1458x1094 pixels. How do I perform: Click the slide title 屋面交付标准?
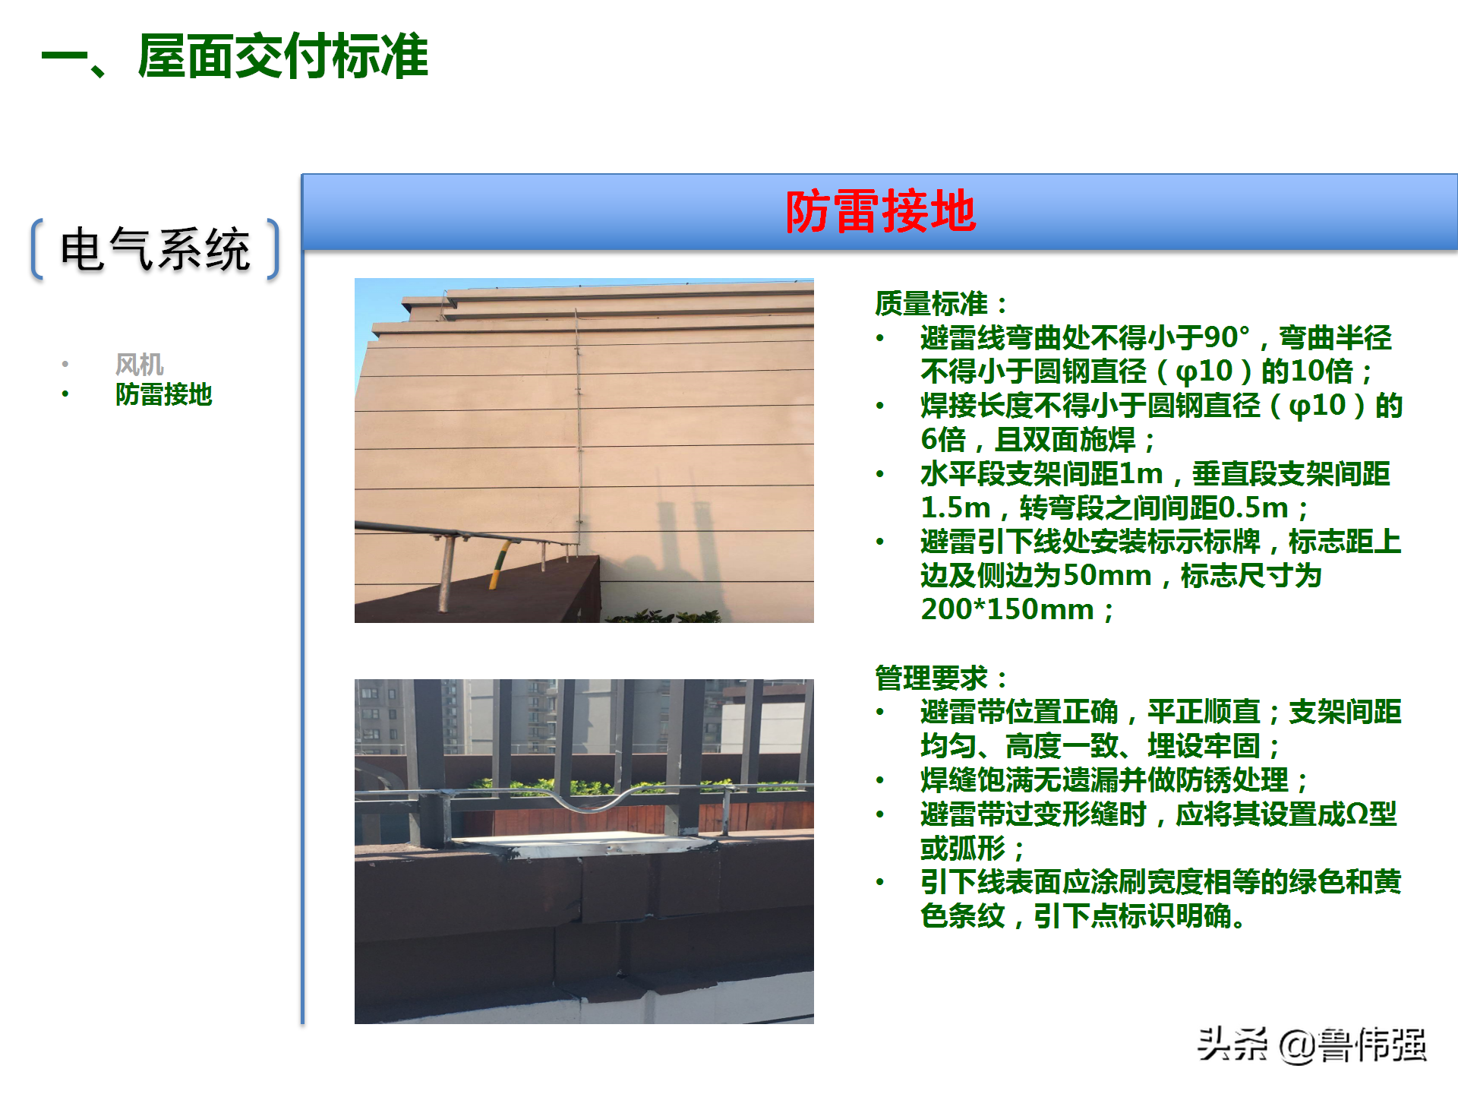pos(282,57)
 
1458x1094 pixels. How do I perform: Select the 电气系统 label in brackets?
pos(156,249)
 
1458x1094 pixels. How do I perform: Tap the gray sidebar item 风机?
pos(139,365)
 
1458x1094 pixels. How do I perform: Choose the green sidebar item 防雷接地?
pos(163,395)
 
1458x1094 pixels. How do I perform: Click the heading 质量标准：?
pos(940,304)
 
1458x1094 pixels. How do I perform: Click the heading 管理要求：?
pos(940,678)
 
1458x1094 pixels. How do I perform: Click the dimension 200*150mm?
pos(1007,609)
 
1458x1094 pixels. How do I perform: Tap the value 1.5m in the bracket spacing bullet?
pos(955,507)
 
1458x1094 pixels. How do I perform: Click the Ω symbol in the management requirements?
pos(1356,814)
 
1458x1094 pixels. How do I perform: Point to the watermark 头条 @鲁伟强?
pos(1312,1045)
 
